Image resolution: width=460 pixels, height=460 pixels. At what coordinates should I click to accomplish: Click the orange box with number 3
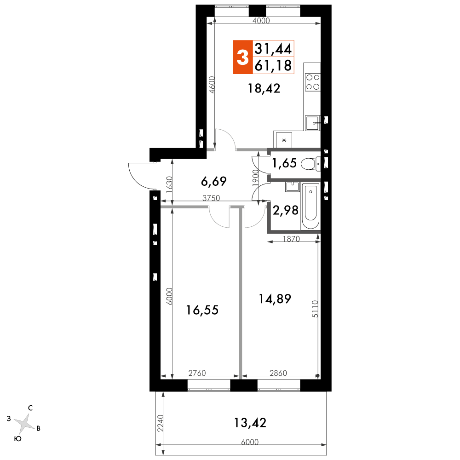click(243, 57)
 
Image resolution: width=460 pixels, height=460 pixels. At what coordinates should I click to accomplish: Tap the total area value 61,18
click(273, 65)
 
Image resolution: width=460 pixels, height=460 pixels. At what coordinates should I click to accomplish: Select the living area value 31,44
click(273, 49)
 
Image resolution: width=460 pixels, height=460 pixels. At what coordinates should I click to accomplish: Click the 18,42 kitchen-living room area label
click(264, 88)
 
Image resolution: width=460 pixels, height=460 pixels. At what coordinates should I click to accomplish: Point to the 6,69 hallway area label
click(214, 182)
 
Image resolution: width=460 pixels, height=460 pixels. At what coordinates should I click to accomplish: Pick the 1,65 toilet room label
click(285, 163)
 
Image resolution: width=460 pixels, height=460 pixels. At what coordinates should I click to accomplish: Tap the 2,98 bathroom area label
click(286, 210)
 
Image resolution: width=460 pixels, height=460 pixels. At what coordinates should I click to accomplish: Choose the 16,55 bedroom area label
click(202, 310)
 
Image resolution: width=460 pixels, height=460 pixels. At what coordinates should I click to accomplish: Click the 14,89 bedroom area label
click(275, 299)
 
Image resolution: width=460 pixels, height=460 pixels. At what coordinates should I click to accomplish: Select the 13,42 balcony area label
click(250, 423)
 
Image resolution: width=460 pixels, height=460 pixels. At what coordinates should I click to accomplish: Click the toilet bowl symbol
click(310, 164)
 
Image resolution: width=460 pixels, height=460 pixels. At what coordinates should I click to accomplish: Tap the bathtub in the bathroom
click(310, 206)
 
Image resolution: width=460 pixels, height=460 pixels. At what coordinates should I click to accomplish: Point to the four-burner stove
click(312, 82)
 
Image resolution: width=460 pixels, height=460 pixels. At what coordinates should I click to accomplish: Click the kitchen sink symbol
click(312, 123)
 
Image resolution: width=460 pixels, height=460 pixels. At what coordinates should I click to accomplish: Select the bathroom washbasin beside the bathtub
click(292, 187)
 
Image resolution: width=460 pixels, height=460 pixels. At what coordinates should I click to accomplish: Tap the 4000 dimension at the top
click(261, 21)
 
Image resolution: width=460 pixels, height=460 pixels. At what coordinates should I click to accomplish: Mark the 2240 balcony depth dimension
click(160, 423)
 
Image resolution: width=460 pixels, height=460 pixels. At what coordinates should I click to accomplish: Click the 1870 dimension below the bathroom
click(291, 239)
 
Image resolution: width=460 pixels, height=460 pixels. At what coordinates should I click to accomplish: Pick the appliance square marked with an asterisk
click(284, 140)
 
